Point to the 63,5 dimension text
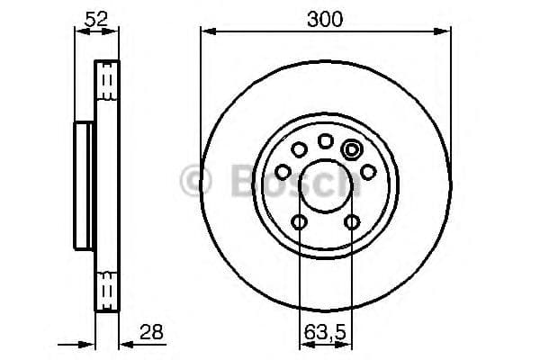point(325,332)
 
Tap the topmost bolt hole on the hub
point(325,140)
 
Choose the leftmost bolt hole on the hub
point(282,171)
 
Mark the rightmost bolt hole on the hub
point(368,171)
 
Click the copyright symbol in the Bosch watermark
point(195,180)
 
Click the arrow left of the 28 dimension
point(86,343)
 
